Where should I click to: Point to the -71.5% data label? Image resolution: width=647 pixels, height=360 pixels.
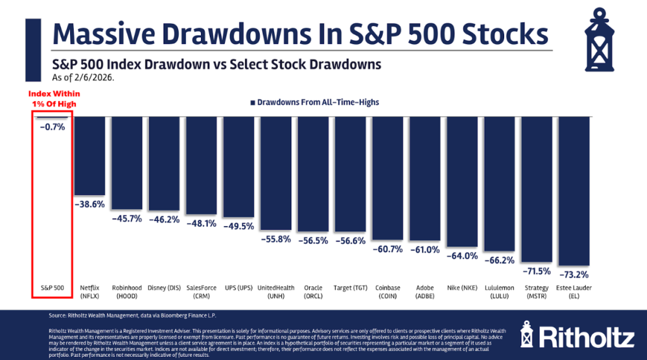536,271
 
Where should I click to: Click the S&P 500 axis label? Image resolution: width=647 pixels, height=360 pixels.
52,287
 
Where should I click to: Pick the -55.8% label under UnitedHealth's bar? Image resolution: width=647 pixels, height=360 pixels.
275,239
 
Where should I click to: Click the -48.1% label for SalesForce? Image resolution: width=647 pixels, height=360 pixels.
202,223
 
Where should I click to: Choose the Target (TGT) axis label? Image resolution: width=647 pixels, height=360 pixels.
350,287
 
